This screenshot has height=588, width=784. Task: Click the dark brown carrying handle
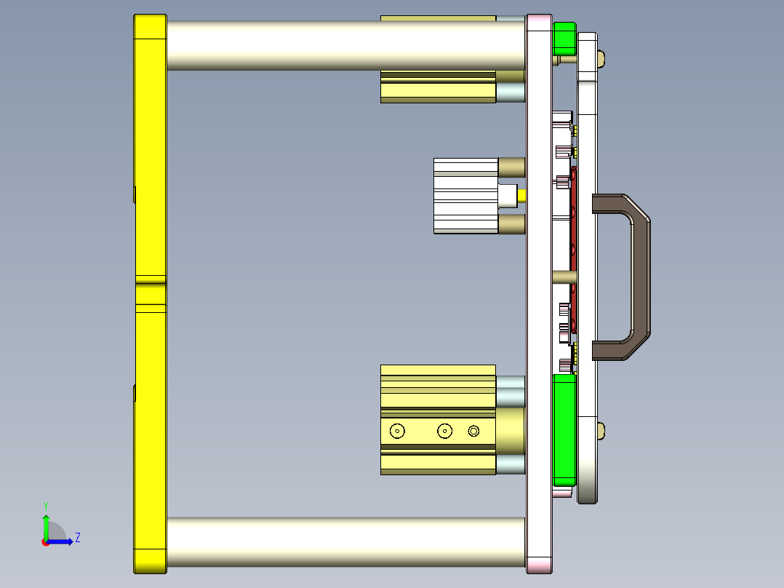point(639,277)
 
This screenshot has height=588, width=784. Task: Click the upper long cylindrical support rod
point(345,45)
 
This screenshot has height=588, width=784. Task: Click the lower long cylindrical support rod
point(345,542)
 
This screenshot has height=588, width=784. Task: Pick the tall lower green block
point(564,429)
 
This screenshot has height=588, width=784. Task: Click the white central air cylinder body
point(465,196)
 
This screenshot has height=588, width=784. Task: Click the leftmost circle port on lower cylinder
point(397,431)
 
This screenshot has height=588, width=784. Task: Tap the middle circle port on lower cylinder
point(444,431)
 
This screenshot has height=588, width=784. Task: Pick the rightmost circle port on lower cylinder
point(474,431)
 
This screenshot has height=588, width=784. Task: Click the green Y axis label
point(45,505)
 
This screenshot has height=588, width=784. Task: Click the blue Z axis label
point(77,538)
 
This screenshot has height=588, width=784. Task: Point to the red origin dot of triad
point(45,541)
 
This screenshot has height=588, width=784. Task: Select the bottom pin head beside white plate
point(601,430)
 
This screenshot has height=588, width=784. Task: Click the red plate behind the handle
point(574,240)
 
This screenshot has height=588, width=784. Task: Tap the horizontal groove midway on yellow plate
point(150,279)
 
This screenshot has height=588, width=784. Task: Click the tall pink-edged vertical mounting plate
point(538,291)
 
